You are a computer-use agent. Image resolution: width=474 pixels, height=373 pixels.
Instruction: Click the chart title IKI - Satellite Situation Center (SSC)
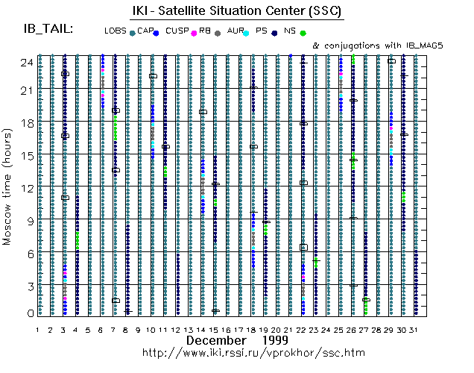(x=236, y=10)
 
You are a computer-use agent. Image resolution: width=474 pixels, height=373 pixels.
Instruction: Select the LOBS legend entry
(x=116, y=31)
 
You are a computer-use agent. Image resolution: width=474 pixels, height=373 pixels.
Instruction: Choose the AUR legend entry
(x=237, y=31)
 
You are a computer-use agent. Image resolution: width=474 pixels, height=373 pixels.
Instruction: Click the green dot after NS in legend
(x=303, y=33)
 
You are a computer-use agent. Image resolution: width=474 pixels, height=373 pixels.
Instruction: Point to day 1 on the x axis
(x=38, y=329)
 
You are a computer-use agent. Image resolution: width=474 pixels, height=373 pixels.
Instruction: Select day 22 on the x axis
(x=303, y=329)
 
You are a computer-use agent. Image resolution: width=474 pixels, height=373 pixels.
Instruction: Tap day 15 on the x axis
(x=214, y=329)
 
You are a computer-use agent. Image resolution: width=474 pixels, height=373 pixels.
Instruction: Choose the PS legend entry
(x=261, y=31)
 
